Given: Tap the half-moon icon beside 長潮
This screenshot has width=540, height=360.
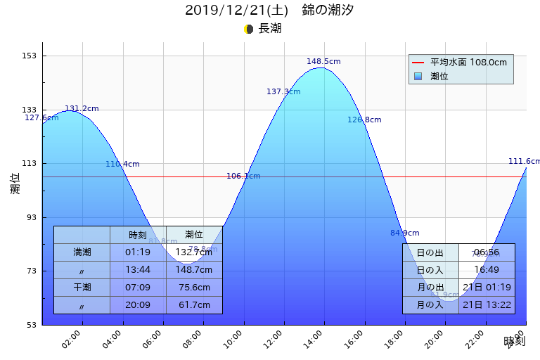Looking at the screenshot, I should [248, 29].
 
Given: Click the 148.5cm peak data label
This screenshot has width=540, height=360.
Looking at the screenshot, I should [323, 62].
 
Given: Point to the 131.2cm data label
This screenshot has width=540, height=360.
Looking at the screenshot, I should [82, 109].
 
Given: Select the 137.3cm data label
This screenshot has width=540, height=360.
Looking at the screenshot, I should [283, 92].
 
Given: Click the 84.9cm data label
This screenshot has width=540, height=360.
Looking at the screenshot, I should [404, 233].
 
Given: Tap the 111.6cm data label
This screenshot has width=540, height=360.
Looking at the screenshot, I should [523, 162].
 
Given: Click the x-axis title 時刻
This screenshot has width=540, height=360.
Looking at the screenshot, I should [514, 342].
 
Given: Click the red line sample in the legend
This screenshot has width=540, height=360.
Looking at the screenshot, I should [418, 63].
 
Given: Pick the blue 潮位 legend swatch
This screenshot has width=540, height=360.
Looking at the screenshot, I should [418, 76].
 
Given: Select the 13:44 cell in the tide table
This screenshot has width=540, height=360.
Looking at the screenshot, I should [138, 269].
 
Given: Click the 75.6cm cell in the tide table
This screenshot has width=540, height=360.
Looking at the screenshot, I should [194, 288].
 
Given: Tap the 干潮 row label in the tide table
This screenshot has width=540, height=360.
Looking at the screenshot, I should [82, 288].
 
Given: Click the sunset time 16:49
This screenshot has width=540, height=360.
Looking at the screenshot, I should [487, 270].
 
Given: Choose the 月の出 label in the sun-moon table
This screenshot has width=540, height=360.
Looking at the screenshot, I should [430, 288].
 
